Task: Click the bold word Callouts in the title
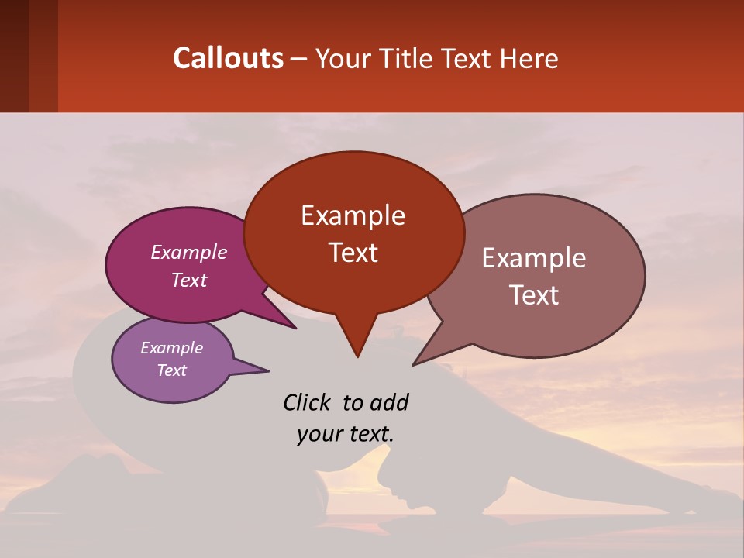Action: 228,58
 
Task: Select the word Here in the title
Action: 530,58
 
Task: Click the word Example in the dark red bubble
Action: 353,215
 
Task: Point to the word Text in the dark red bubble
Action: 353,252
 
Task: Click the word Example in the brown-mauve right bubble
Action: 534,258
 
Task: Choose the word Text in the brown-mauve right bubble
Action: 534,294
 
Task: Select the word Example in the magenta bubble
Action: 189,252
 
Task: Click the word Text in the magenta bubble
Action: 189,280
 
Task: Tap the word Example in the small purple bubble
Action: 172,348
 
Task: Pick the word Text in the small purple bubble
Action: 172,370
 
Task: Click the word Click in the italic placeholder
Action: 308,402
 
